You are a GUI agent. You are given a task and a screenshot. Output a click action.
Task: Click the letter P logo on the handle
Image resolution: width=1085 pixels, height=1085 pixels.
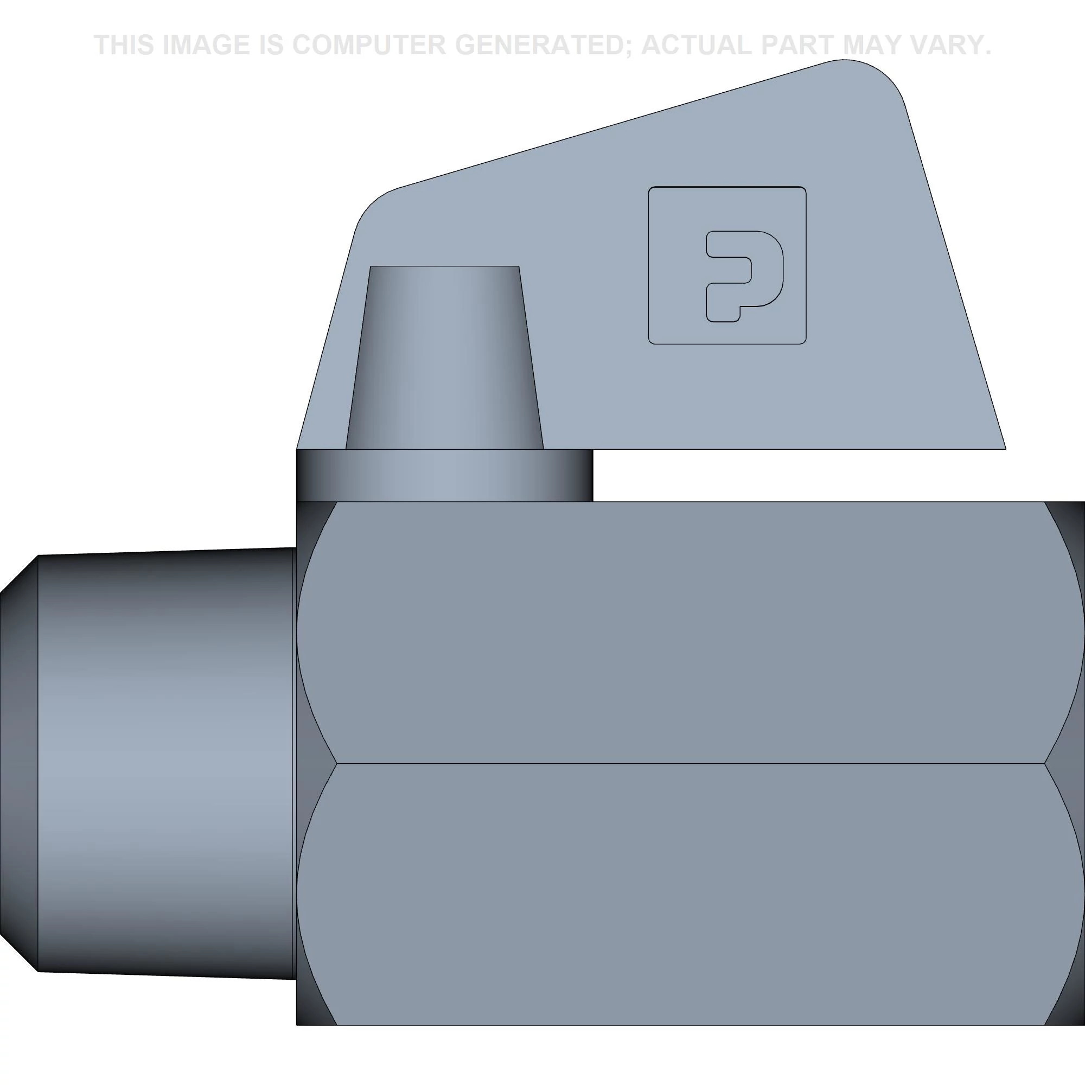tap(743, 275)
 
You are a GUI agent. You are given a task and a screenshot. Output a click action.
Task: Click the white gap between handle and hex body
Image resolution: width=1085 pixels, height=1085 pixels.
tap(786, 475)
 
